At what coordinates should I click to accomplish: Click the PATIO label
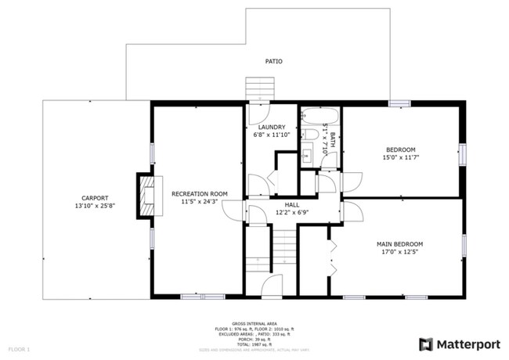[x=273, y=61]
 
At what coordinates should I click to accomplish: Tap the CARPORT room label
[x=92, y=198]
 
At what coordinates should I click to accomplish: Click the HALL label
[x=293, y=203]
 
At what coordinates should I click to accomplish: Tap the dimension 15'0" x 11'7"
[x=400, y=157]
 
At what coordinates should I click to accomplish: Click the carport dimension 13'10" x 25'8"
[x=92, y=206]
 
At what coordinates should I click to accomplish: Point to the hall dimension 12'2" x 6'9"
[x=293, y=211]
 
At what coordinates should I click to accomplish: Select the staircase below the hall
[x=284, y=251]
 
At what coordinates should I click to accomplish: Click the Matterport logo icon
[x=426, y=344]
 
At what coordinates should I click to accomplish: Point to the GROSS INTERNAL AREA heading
[x=254, y=322]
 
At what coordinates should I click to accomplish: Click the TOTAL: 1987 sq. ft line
[x=254, y=345]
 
